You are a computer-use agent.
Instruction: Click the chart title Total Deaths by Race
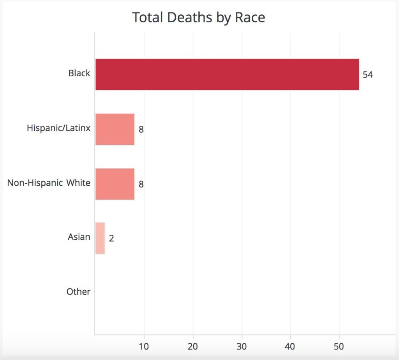(x=199, y=18)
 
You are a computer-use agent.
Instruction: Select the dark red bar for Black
(x=227, y=74)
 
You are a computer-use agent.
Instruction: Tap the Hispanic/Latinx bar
(x=115, y=129)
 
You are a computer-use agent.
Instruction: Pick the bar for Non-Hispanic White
(x=115, y=184)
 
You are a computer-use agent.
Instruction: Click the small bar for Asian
(x=100, y=238)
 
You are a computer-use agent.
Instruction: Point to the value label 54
(x=367, y=75)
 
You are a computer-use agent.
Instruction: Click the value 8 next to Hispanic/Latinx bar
(x=141, y=130)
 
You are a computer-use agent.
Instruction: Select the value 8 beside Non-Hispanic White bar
(x=141, y=184)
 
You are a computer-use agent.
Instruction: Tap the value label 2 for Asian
(x=111, y=239)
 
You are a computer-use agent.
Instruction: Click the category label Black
(x=79, y=73)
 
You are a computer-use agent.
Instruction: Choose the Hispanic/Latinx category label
(x=58, y=128)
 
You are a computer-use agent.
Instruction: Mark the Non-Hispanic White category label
(x=49, y=183)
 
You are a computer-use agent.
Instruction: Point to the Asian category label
(x=79, y=237)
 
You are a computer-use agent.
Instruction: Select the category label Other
(x=78, y=292)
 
